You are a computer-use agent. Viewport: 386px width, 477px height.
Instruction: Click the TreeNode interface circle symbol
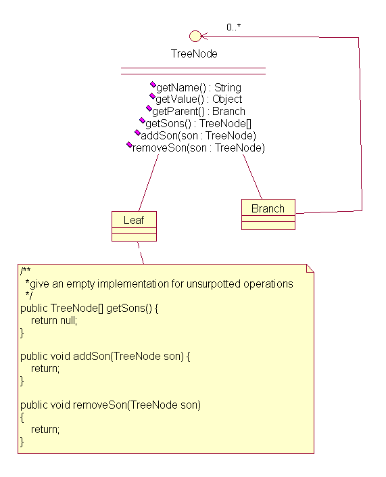pos(195,36)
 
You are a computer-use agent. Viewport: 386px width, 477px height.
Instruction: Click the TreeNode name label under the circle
pos(194,54)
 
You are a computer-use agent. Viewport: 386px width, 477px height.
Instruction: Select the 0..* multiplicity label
pos(233,27)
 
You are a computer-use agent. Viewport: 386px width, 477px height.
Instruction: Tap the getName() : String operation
pos(199,87)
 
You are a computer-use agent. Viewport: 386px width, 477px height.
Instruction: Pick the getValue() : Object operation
pos(199,99)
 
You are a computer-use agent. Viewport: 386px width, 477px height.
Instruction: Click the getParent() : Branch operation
pos(199,112)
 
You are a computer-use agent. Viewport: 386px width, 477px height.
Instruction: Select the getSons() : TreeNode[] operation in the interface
pos(198,124)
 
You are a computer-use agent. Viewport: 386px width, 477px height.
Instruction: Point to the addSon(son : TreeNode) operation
pos(198,136)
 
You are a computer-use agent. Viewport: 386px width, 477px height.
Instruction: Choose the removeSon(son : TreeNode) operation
pos(199,148)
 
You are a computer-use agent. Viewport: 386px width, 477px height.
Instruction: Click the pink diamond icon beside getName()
pos(153,85)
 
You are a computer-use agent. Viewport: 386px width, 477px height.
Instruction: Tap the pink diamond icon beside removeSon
pos(129,145)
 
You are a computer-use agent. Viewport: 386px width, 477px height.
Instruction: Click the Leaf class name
pos(134,220)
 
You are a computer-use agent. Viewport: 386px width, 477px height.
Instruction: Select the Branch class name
pos(268,208)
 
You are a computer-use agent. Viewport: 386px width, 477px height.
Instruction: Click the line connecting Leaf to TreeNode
pos(149,183)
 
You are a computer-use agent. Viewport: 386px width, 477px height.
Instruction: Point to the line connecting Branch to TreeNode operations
pos(252,177)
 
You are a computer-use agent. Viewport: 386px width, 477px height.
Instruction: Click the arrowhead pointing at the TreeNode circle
pos(204,37)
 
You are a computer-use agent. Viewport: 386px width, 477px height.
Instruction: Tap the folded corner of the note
pos(310,269)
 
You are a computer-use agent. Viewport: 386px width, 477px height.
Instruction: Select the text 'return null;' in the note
pos(54,320)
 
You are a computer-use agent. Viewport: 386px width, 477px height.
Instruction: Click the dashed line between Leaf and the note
pos(141,253)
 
